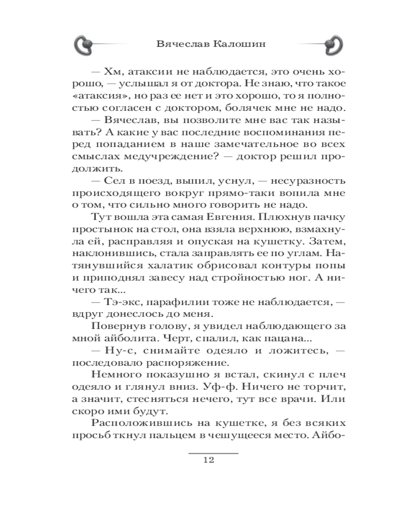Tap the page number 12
209,460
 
